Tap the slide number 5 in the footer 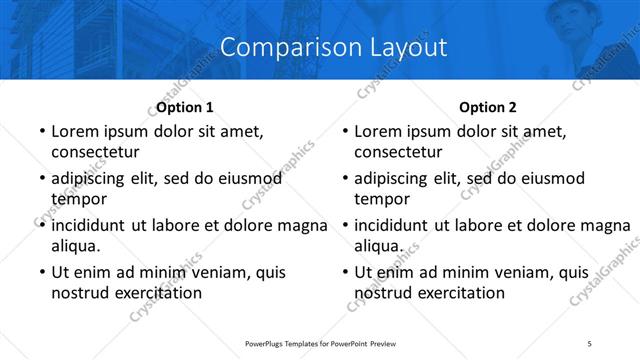[590, 344]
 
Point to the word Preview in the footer [390, 344]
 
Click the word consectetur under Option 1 [95, 153]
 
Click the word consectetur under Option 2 [398, 153]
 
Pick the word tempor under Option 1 [76, 199]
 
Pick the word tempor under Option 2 [379, 199]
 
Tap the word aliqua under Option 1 [75, 246]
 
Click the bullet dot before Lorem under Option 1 [41, 131]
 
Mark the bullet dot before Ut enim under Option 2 [344, 272]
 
